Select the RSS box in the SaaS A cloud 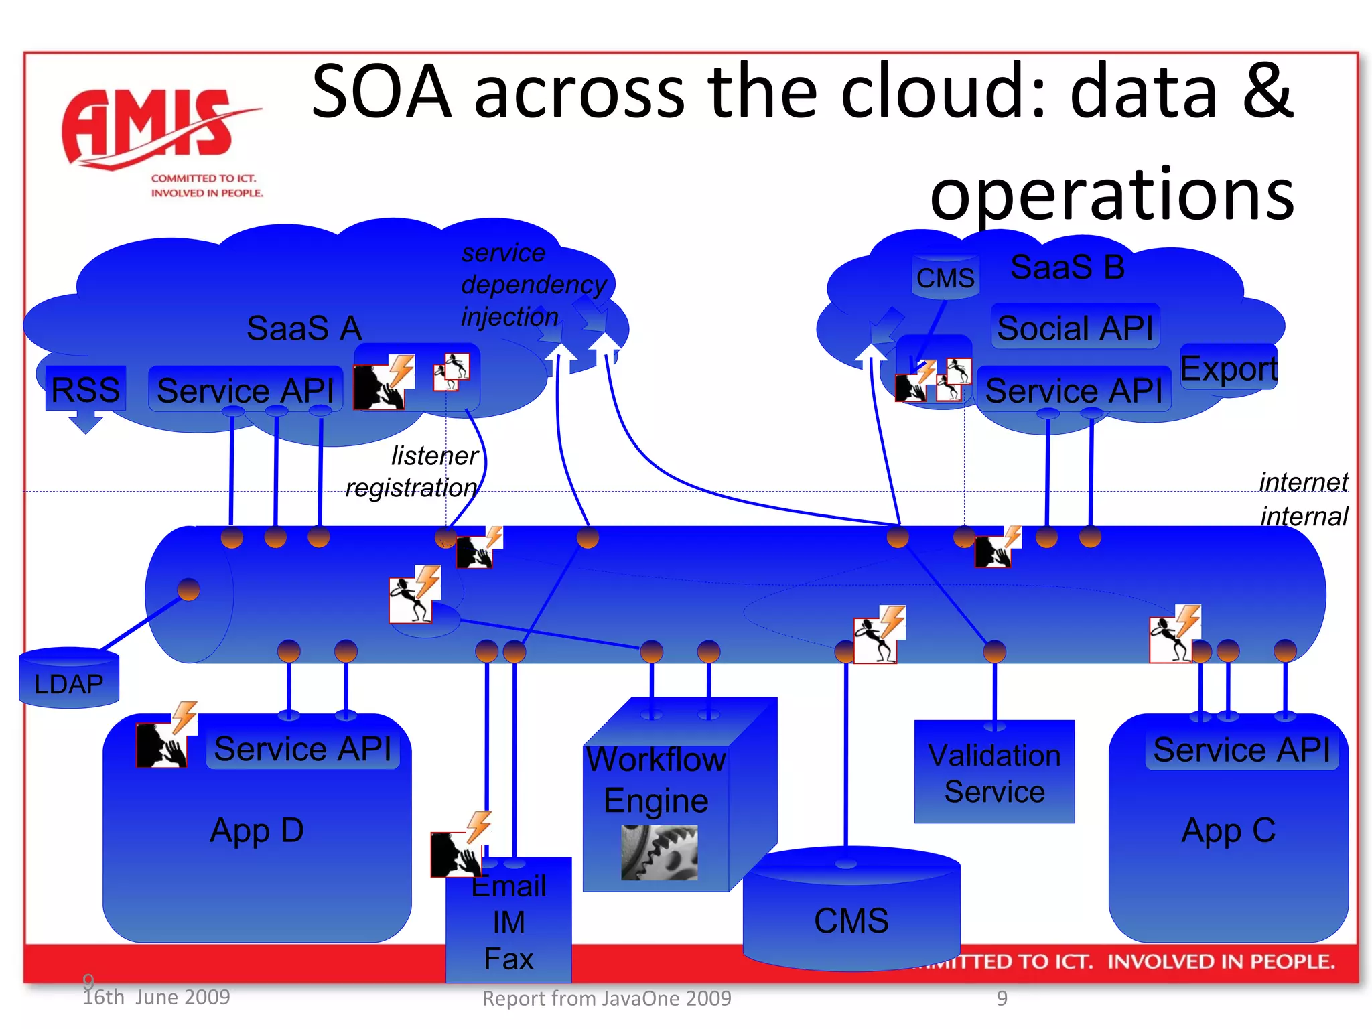[85, 389]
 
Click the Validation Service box [994, 772]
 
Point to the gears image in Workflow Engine [659, 852]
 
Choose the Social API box [1075, 328]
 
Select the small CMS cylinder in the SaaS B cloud [945, 276]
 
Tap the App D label [257, 830]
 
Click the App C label [1228, 830]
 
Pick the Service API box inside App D [302, 748]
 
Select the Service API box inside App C [1241, 749]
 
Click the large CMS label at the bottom [851, 920]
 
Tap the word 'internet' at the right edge [1303, 482]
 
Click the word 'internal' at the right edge [1304, 517]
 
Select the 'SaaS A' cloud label [304, 328]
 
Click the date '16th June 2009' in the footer [156, 997]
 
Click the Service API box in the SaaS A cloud [245, 390]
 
